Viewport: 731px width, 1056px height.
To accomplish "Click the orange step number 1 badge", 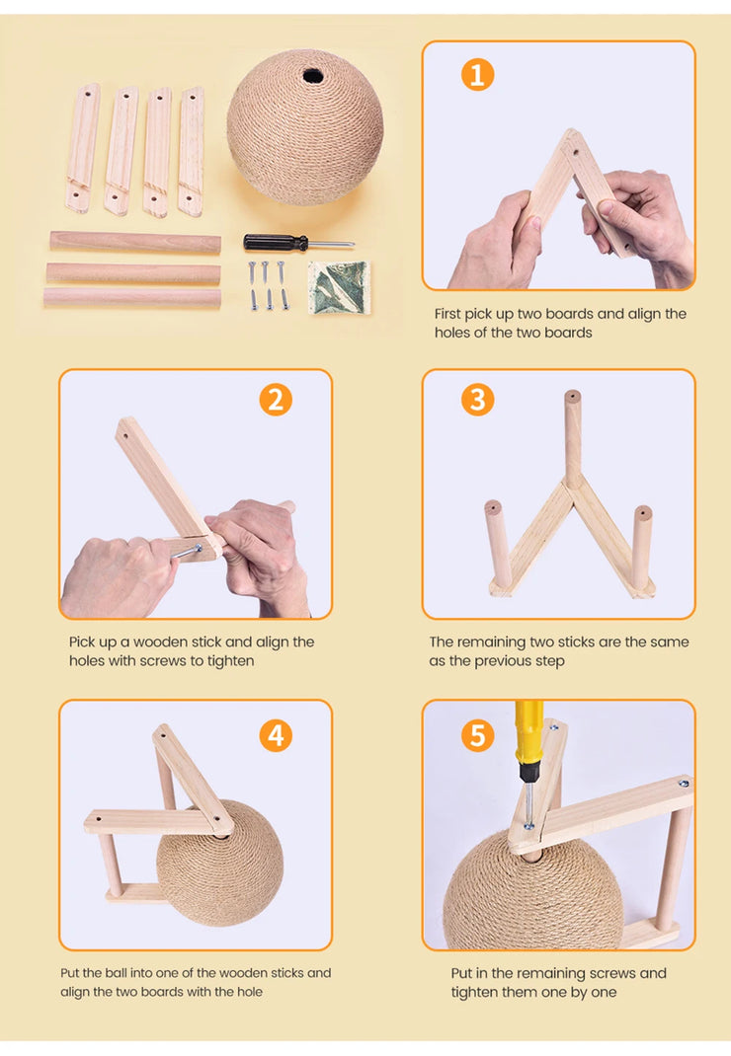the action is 477,75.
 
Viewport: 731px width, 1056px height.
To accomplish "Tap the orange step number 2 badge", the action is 276,400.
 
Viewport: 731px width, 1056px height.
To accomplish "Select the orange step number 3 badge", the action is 477,400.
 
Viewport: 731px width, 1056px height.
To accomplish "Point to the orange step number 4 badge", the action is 276,735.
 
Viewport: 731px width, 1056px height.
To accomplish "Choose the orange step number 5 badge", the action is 477,735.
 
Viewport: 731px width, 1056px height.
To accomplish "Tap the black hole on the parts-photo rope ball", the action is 312,75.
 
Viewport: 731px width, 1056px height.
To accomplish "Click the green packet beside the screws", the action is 339,287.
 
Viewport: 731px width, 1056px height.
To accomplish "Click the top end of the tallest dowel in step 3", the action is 573,396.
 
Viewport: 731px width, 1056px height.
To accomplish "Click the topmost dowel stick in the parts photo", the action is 135,243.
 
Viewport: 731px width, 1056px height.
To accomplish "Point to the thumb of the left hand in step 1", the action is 530,215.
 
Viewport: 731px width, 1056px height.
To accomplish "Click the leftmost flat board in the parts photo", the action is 82,147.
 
